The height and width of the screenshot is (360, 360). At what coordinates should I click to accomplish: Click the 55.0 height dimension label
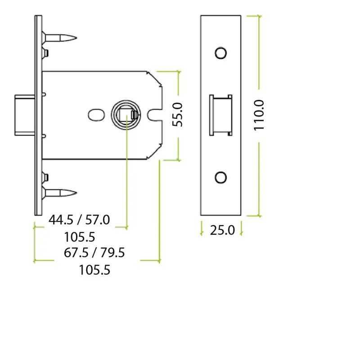click(x=178, y=115)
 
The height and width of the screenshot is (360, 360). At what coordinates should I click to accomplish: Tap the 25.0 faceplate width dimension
click(x=222, y=230)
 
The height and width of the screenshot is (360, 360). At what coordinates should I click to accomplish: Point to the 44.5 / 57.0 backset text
click(x=79, y=220)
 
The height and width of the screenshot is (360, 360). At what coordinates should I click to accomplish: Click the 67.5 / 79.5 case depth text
click(x=94, y=252)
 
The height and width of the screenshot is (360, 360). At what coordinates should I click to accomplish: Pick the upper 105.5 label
click(x=79, y=237)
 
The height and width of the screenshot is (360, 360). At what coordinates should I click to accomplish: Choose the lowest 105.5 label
click(x=94, y=270)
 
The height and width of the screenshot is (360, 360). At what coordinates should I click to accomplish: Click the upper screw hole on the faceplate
click(x=220, y=53)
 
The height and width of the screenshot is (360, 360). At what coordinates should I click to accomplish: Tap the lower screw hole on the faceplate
click(x=220, y=177)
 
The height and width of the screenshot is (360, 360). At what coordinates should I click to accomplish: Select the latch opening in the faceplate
click(x=220, y=115)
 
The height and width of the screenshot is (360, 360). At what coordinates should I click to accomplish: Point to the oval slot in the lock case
click(x=95, y=114)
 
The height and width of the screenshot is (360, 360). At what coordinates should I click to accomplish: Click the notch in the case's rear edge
click(x=155, y=115)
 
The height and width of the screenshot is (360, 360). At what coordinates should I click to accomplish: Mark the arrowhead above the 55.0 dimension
click(x=178, y=72)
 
